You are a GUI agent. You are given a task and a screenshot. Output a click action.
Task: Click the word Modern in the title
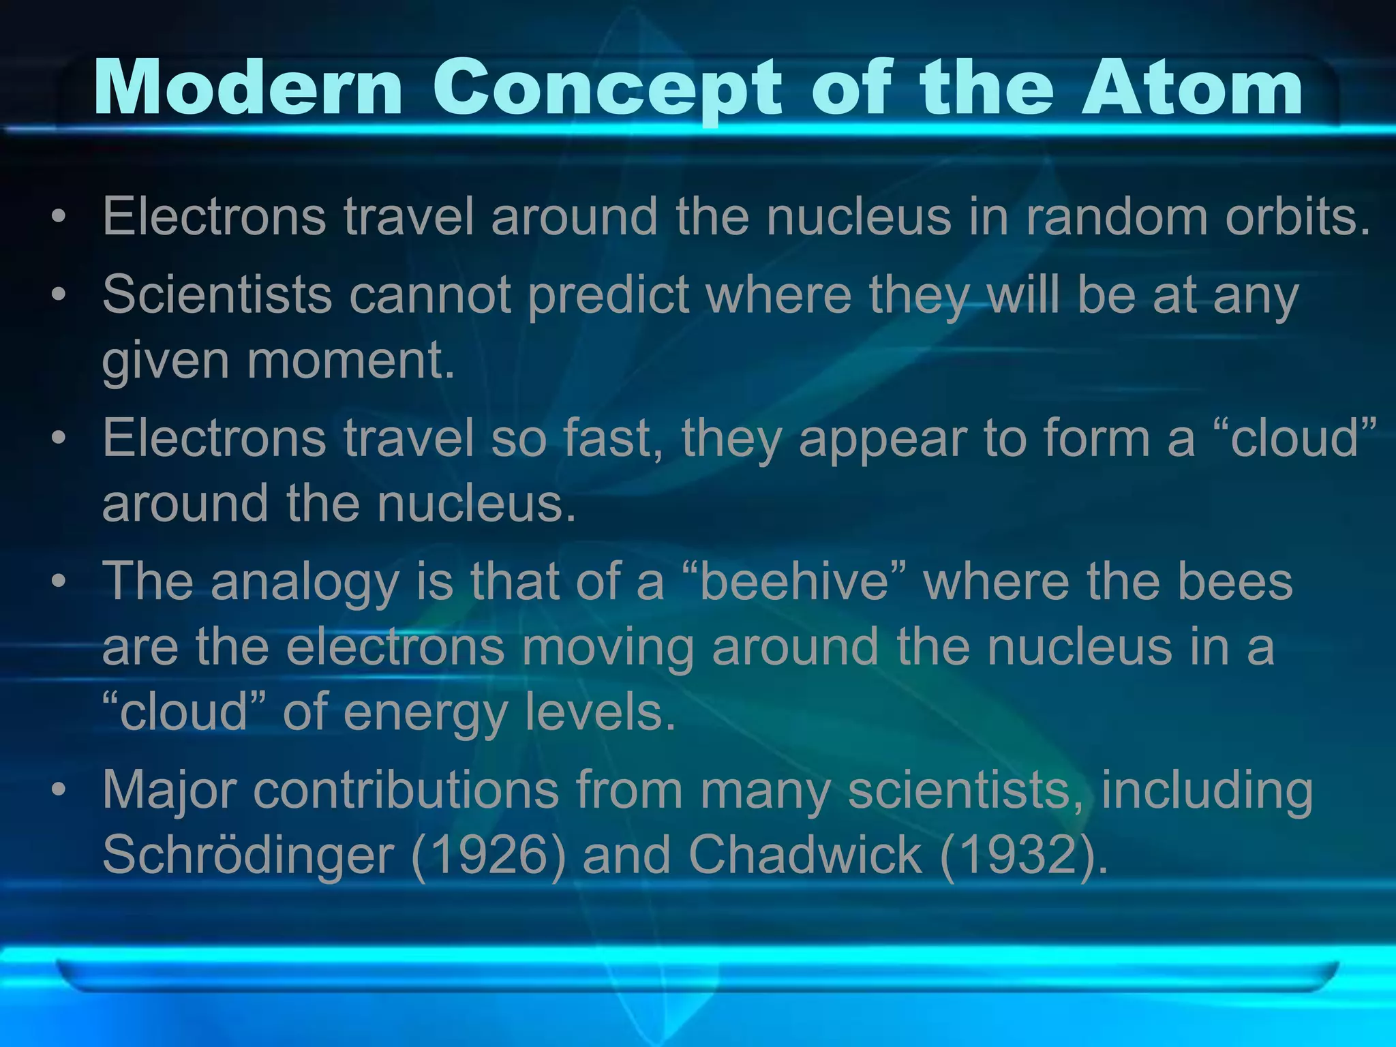[248, 88]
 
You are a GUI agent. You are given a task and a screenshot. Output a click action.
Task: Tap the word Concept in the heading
[607, 89]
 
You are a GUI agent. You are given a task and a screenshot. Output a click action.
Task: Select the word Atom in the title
[1192, 88]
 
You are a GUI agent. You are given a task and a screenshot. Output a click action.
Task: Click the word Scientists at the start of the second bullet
[217, 294]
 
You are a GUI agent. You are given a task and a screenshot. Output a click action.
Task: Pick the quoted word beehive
[793, 581]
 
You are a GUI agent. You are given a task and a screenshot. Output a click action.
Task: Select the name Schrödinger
[248, 854]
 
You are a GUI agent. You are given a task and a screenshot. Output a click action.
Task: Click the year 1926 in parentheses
[489, 854]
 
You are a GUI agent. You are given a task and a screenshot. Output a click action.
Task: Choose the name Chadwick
[805, 854]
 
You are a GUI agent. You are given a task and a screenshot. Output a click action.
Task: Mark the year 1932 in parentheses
[1016, 854]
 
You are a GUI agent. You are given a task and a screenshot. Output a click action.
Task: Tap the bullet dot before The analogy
[59, 581]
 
